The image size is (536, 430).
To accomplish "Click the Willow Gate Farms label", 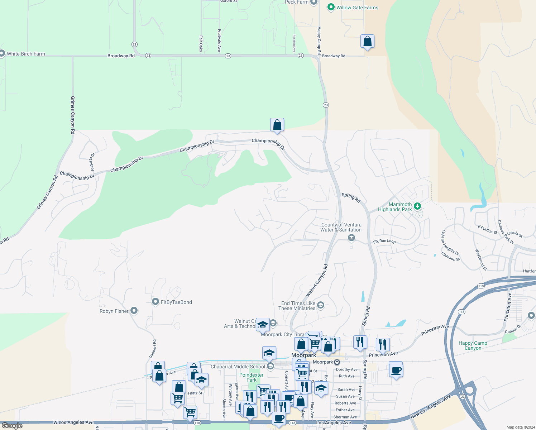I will click(357, 8).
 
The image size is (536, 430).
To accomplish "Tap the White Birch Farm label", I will click(26, 54).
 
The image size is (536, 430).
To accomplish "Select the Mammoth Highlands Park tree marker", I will click(417, 206).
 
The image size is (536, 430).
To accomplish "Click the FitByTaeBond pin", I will click(155, 302).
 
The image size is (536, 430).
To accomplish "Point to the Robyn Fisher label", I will click(114, 311).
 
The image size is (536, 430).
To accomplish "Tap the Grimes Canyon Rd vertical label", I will click(73, 115).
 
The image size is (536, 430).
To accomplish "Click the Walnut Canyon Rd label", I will click(317, 281).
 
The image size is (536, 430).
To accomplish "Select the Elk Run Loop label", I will click(384, 241).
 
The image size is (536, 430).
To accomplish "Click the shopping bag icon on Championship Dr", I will click(277, 125).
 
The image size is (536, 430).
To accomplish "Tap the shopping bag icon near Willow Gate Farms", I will click(367, 42).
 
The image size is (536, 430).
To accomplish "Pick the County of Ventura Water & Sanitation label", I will click(341, 227).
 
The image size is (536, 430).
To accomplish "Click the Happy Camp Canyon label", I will click(473, 345).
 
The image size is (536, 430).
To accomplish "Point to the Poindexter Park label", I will click(252, 377).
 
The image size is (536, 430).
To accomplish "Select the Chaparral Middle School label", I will click(238, 367).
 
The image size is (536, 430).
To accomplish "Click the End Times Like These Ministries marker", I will click(321, 305).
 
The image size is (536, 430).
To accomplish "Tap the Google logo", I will click(12, 426).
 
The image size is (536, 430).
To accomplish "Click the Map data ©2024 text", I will click(519, 427).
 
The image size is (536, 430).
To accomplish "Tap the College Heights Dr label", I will click(450, 242).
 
